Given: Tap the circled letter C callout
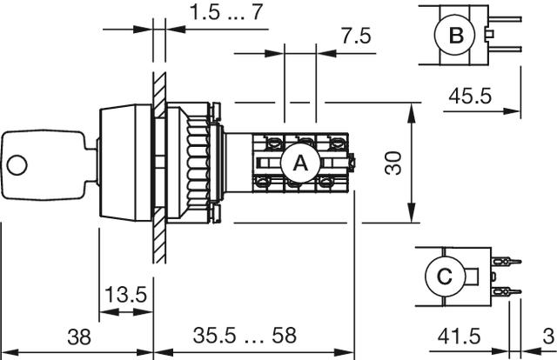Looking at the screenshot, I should click(443, 277).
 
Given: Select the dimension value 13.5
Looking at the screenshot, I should click(124, 296).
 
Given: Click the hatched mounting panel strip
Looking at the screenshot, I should click(159, 165).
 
